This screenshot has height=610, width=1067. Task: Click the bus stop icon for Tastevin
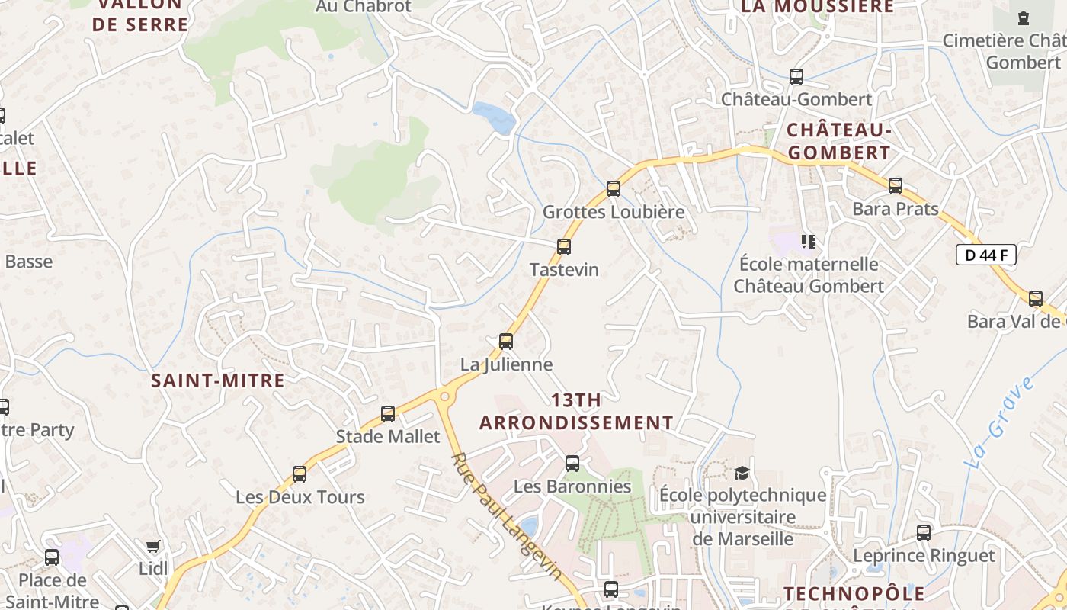point(564,247)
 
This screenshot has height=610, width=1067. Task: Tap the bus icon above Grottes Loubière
point(614,189)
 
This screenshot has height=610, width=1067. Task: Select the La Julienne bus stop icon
point(506,342)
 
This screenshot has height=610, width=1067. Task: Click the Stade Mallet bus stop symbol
point(388,414)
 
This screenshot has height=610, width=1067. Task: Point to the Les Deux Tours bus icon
point(300,474)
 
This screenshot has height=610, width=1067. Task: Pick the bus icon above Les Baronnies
point(572,464)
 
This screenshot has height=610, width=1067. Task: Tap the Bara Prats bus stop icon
point(896,186)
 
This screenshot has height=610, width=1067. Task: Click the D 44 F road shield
point(986,255)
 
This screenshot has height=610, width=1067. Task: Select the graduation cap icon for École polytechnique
point(742,474)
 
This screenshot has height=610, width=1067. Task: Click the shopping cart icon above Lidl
point(153,546)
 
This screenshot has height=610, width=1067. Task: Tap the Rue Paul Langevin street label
point(507,516)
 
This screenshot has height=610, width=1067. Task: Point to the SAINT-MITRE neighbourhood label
point(218,380)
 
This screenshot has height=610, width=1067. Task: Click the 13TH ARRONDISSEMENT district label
point(576,411)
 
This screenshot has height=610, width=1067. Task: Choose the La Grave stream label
point(1000,421)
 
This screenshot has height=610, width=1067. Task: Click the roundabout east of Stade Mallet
point(444,395)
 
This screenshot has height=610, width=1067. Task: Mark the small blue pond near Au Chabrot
point(494,117)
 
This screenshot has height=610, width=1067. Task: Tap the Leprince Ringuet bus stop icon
point(924,533)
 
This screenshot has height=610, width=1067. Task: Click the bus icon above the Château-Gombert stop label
point(796,77)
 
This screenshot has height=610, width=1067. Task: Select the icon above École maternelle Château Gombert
point(809,242)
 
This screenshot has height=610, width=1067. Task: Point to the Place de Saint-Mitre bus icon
point(52,557)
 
